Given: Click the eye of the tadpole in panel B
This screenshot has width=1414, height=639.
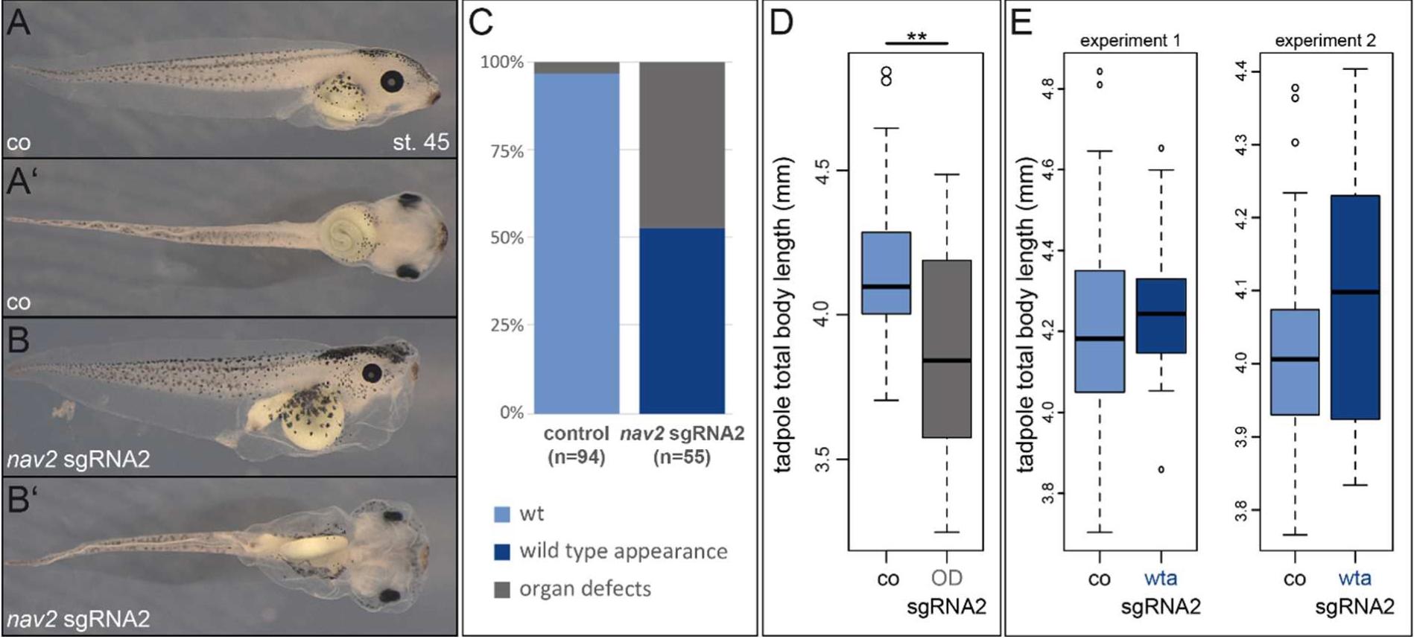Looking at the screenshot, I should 372,373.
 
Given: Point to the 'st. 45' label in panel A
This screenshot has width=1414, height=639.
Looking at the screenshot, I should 421,142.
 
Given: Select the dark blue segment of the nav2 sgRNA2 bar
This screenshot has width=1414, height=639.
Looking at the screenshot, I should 682,320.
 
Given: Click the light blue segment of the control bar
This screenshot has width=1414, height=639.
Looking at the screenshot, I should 577,243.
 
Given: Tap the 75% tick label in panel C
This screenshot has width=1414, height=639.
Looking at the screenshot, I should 507,151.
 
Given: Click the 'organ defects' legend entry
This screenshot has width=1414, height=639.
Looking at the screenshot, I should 584,589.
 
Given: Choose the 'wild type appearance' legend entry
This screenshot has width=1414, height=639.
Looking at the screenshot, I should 623,551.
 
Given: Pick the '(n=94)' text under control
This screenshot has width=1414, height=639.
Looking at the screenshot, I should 576,457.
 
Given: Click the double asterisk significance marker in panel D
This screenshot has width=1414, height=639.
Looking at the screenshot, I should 916,37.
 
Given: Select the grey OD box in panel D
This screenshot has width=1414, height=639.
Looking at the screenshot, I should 947,349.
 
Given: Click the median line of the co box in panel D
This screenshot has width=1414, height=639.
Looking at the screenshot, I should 886,286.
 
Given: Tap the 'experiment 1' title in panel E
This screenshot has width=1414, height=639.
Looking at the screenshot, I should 1130,41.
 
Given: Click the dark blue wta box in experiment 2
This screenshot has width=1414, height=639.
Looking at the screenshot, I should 1355,307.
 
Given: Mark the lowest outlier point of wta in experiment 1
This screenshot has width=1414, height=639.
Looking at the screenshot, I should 1161,469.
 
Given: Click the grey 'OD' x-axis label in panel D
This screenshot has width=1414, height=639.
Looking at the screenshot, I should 947,578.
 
